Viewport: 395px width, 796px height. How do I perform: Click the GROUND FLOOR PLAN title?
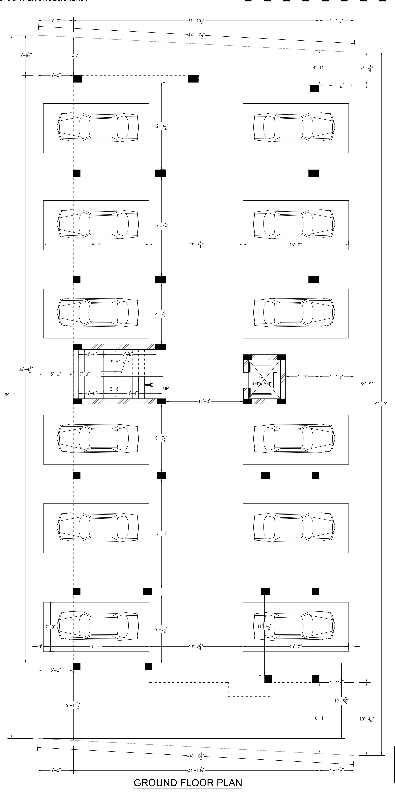pos(188,783)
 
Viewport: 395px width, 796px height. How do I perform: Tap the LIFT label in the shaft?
pos(261,378)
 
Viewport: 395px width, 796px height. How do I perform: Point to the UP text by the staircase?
pos(166,388)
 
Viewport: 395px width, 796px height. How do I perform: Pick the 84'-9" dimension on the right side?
pos(367,383)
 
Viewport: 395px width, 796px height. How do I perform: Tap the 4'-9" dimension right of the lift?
pos(302,377)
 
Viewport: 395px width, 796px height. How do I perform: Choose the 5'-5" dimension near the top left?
pos(73,56)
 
